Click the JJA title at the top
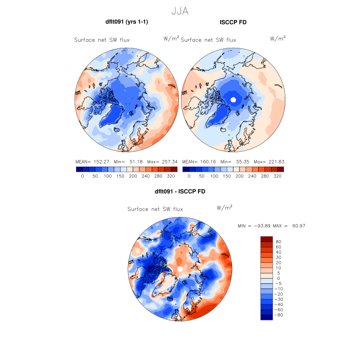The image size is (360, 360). tap(180, 11)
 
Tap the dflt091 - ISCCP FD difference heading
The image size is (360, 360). tap(179, 192)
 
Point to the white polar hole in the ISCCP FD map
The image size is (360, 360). tap(233, 99)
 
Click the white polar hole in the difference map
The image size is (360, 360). tap(180, 268)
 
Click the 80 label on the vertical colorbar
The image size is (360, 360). tap(278, 241)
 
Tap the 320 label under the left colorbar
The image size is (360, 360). tap(171, 176)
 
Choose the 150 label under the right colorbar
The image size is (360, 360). tap(228, 176)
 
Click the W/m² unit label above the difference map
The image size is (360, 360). tap(225, 208)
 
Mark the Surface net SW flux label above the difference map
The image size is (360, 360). tap(155, 209)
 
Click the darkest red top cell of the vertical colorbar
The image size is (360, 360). tap(266, 239)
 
